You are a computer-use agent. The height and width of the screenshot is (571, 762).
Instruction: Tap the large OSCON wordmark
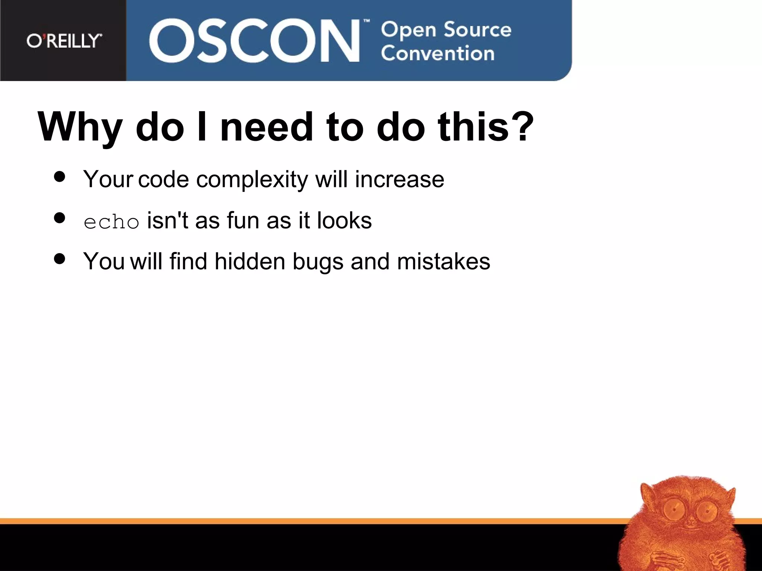[x=254, y=41]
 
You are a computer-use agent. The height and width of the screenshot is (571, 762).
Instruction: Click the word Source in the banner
[x=478, y=30]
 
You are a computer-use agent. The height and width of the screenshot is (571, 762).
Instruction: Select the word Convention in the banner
[x=438, y=54]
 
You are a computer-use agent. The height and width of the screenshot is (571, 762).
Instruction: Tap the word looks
[x=344, y=220]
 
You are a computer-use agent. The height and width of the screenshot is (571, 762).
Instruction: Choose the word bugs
[x=318, y=262]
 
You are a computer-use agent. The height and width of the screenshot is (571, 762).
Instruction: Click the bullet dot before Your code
[x=60, y=177]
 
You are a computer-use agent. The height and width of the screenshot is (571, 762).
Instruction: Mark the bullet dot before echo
[x=60, y=217]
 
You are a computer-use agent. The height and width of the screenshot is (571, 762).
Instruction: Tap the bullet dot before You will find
[x=60, y=258]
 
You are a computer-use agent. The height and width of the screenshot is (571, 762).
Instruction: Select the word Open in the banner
[x=409, y=30]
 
